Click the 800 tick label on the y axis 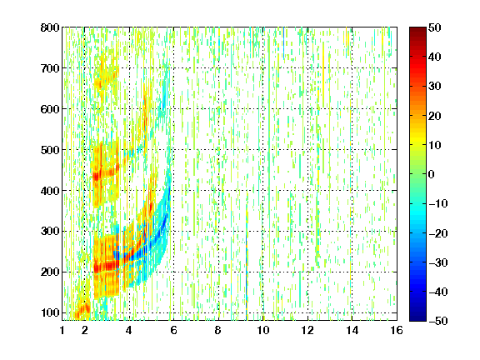click(50, 27)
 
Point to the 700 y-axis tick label click(50, 68)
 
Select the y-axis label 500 click(50, 150)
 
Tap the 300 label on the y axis click(50, 232)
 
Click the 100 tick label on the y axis click(50, 312)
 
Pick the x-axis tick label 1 click(62, 330)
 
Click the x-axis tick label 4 click(129, 330)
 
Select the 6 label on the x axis click(173, 330)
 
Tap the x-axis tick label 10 click(263, 330)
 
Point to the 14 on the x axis click(352, 330)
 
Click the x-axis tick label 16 click(397, 330)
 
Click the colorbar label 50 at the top click(435, 27)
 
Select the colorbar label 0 click(432, 174)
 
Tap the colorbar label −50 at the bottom click(438, 321)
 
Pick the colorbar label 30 click(435, 87)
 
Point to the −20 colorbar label click(438, 233)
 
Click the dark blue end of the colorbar click(417, 318)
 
